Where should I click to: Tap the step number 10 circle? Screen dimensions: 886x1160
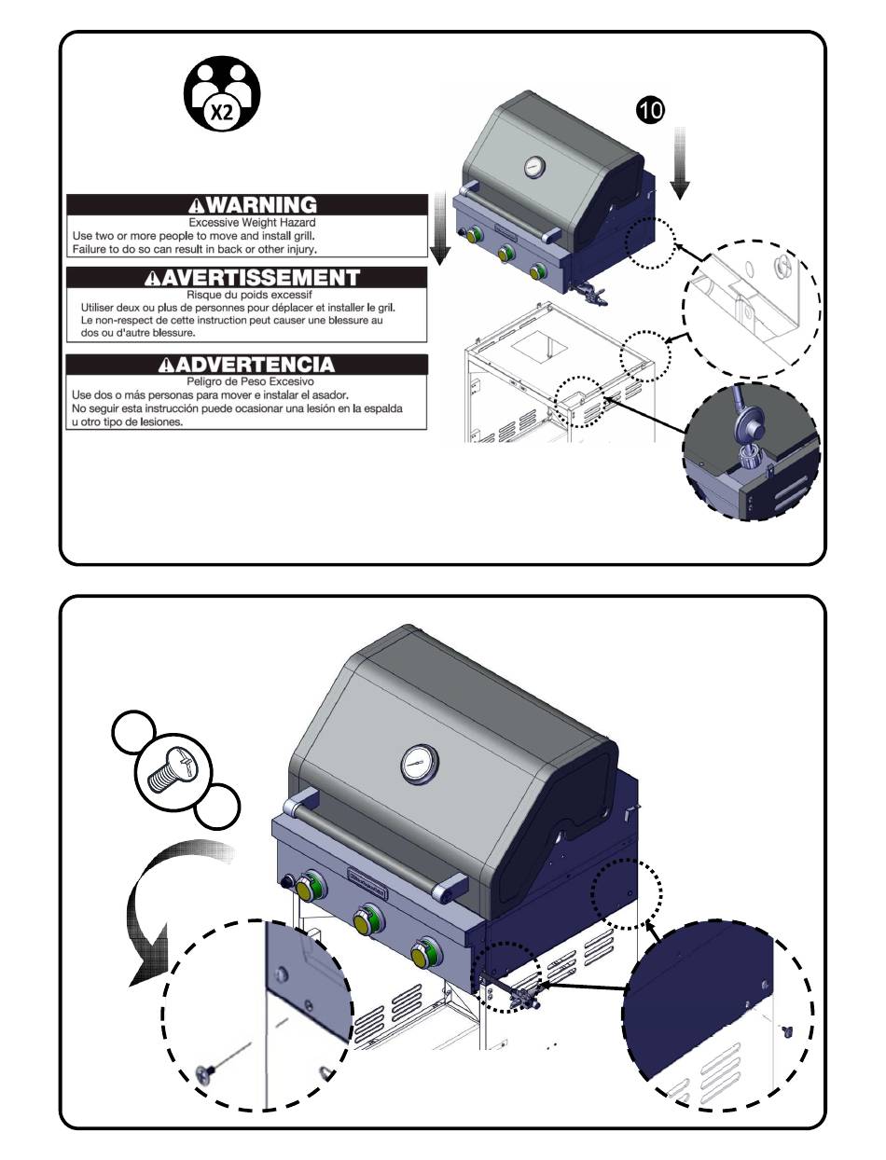tap(650, 109)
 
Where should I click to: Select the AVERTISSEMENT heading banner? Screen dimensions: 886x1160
tap(247, 277)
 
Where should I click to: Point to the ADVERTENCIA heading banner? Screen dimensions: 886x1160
tap(247, 364)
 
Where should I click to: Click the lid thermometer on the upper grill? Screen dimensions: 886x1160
tap(535, 167)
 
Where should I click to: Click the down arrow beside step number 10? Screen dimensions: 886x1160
tap(680, 164)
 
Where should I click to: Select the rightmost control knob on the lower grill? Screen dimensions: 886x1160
tap(423, 958)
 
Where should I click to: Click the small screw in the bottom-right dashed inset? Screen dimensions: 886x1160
tap(786, 1030)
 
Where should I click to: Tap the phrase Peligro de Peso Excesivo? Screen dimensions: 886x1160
tap(247, 382)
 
